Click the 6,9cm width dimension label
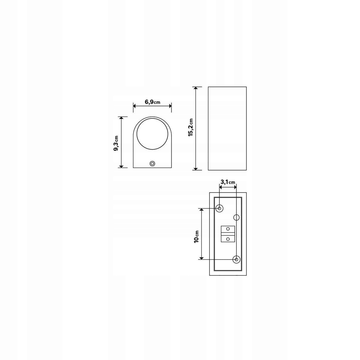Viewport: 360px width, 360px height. pos(152,102)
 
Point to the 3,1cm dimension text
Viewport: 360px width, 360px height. pos(228,182)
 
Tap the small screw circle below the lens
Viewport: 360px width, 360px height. pos(152,163)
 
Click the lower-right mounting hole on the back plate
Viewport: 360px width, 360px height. pos(237,259)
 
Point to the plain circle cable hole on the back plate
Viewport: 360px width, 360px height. pos(236,217)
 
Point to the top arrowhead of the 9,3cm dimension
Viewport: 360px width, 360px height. pos(121,118)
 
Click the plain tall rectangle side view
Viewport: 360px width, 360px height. pos(227,128)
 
